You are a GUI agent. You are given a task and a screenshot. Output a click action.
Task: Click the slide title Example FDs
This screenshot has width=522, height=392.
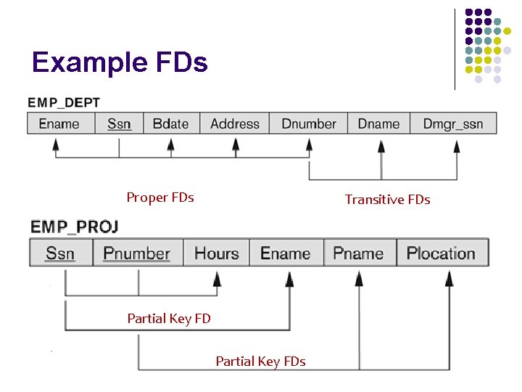(x=120, y=62)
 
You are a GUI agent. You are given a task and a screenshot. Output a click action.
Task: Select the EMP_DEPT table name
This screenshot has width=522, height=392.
(x=64, y=102)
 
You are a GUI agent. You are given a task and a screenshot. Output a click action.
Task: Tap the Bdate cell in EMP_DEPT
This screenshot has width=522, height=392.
(x=171, y=123)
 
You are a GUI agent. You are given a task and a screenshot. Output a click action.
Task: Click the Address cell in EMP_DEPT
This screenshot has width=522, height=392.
(x=234, y=123)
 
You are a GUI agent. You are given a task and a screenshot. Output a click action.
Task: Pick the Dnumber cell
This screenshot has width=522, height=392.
(x=308, y=123)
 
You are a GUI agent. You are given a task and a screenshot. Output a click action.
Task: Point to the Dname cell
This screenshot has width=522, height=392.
(x=378, y=123)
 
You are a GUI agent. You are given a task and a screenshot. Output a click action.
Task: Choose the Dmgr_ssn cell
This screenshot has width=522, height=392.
(x=453, y=123)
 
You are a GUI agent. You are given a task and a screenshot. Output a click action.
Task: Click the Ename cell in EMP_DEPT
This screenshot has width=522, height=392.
(x=59, y=123)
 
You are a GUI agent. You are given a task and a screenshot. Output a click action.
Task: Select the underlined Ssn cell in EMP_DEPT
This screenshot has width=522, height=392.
(x=119, y=123)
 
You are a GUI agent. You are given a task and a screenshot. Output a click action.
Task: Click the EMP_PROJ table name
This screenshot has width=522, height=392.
(x=74, y=226)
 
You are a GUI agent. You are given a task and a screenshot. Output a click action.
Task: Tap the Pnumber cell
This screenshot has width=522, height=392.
(x=137, y=253)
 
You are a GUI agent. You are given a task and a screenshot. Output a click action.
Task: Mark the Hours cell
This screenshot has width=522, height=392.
(x=216, y=253)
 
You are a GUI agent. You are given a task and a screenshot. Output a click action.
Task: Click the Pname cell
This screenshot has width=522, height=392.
(x=358, y=253)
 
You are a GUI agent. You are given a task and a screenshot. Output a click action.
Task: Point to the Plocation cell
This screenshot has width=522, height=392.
(x=441, y=253)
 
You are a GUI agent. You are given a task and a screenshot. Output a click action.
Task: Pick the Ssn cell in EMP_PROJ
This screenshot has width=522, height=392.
(x=60, y=253)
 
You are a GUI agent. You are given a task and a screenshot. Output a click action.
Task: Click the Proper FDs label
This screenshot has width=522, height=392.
(x=160, y=197)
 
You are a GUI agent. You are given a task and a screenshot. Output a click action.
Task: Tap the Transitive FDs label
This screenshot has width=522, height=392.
(x=387, y=200)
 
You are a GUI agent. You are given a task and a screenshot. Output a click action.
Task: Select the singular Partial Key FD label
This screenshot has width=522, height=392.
(x=169, y=318)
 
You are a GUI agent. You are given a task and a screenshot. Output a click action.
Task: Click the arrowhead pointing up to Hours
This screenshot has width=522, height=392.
(x=215, y=277)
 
